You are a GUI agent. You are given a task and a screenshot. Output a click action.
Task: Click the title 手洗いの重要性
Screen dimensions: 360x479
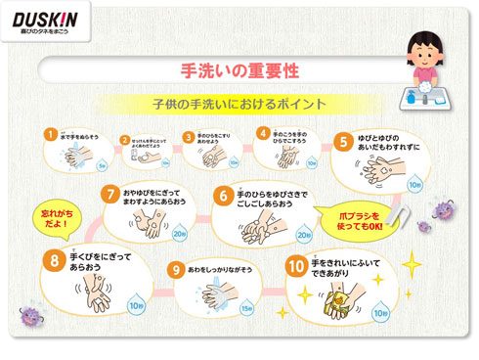coord(239,71)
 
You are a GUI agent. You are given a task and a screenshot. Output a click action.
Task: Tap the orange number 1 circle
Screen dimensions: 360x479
coord(50,134)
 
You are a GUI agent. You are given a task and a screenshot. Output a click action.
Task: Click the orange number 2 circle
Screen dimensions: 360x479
coord(125,139)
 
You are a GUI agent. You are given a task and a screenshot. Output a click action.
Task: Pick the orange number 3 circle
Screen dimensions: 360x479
coord(188,137)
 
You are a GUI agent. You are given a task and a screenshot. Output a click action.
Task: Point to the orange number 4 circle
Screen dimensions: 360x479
coord(262,133)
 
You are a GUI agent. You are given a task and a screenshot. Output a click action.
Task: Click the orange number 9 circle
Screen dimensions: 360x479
coord(176,268)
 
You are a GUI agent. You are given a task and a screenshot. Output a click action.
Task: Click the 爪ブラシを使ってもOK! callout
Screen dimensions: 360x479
coord(364,217)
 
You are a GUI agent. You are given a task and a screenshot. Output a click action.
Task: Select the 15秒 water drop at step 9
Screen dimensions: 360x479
coord(246,307)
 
